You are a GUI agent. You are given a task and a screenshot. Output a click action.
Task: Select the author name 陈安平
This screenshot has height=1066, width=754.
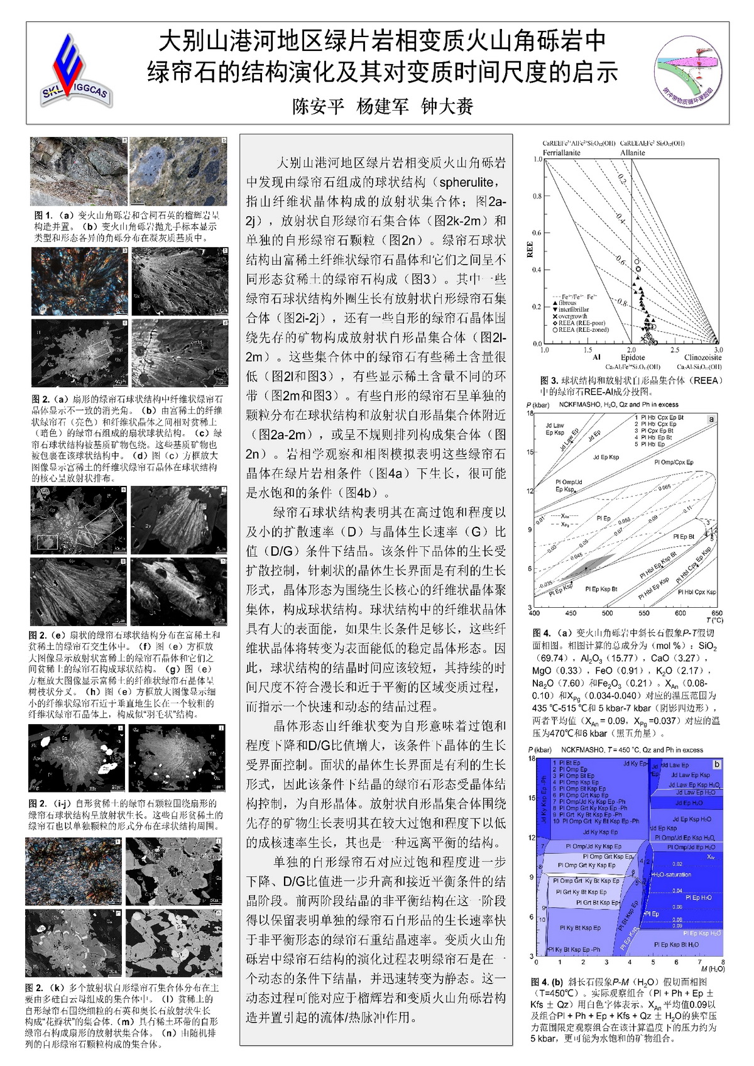(319, 106)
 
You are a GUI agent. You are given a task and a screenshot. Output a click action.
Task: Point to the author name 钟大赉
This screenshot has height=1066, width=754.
(447, 106)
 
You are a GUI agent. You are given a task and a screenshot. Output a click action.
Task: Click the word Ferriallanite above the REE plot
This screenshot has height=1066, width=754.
(562, 153)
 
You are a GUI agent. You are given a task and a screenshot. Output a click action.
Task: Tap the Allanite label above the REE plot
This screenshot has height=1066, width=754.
(632, 153)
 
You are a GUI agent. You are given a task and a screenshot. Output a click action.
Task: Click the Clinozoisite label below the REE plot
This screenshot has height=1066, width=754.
(702, 358)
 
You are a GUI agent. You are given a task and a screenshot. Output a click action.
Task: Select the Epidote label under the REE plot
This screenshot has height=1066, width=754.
(633, 358)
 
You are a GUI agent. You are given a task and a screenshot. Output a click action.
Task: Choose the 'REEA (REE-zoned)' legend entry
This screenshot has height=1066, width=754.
(579, 329)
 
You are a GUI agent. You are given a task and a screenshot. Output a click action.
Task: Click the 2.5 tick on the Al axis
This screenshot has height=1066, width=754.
(674, 350)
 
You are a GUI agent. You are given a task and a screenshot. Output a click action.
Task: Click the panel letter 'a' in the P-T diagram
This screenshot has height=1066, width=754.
(711, 419)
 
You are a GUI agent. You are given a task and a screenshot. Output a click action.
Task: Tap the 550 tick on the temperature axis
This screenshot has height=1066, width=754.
(644, 613)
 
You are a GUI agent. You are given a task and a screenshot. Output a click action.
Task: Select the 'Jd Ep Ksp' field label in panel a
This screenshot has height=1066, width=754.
(606, 457)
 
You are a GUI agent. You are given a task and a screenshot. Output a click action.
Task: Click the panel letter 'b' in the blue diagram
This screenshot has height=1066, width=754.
(716, 764)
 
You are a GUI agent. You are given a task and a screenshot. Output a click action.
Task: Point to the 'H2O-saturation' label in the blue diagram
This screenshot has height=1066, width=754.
(672, 874)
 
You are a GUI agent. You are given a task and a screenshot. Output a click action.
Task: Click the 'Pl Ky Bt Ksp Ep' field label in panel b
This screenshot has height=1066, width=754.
(580, 927)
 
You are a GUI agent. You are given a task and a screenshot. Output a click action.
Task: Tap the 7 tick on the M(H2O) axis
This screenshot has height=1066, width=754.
(699, 962)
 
